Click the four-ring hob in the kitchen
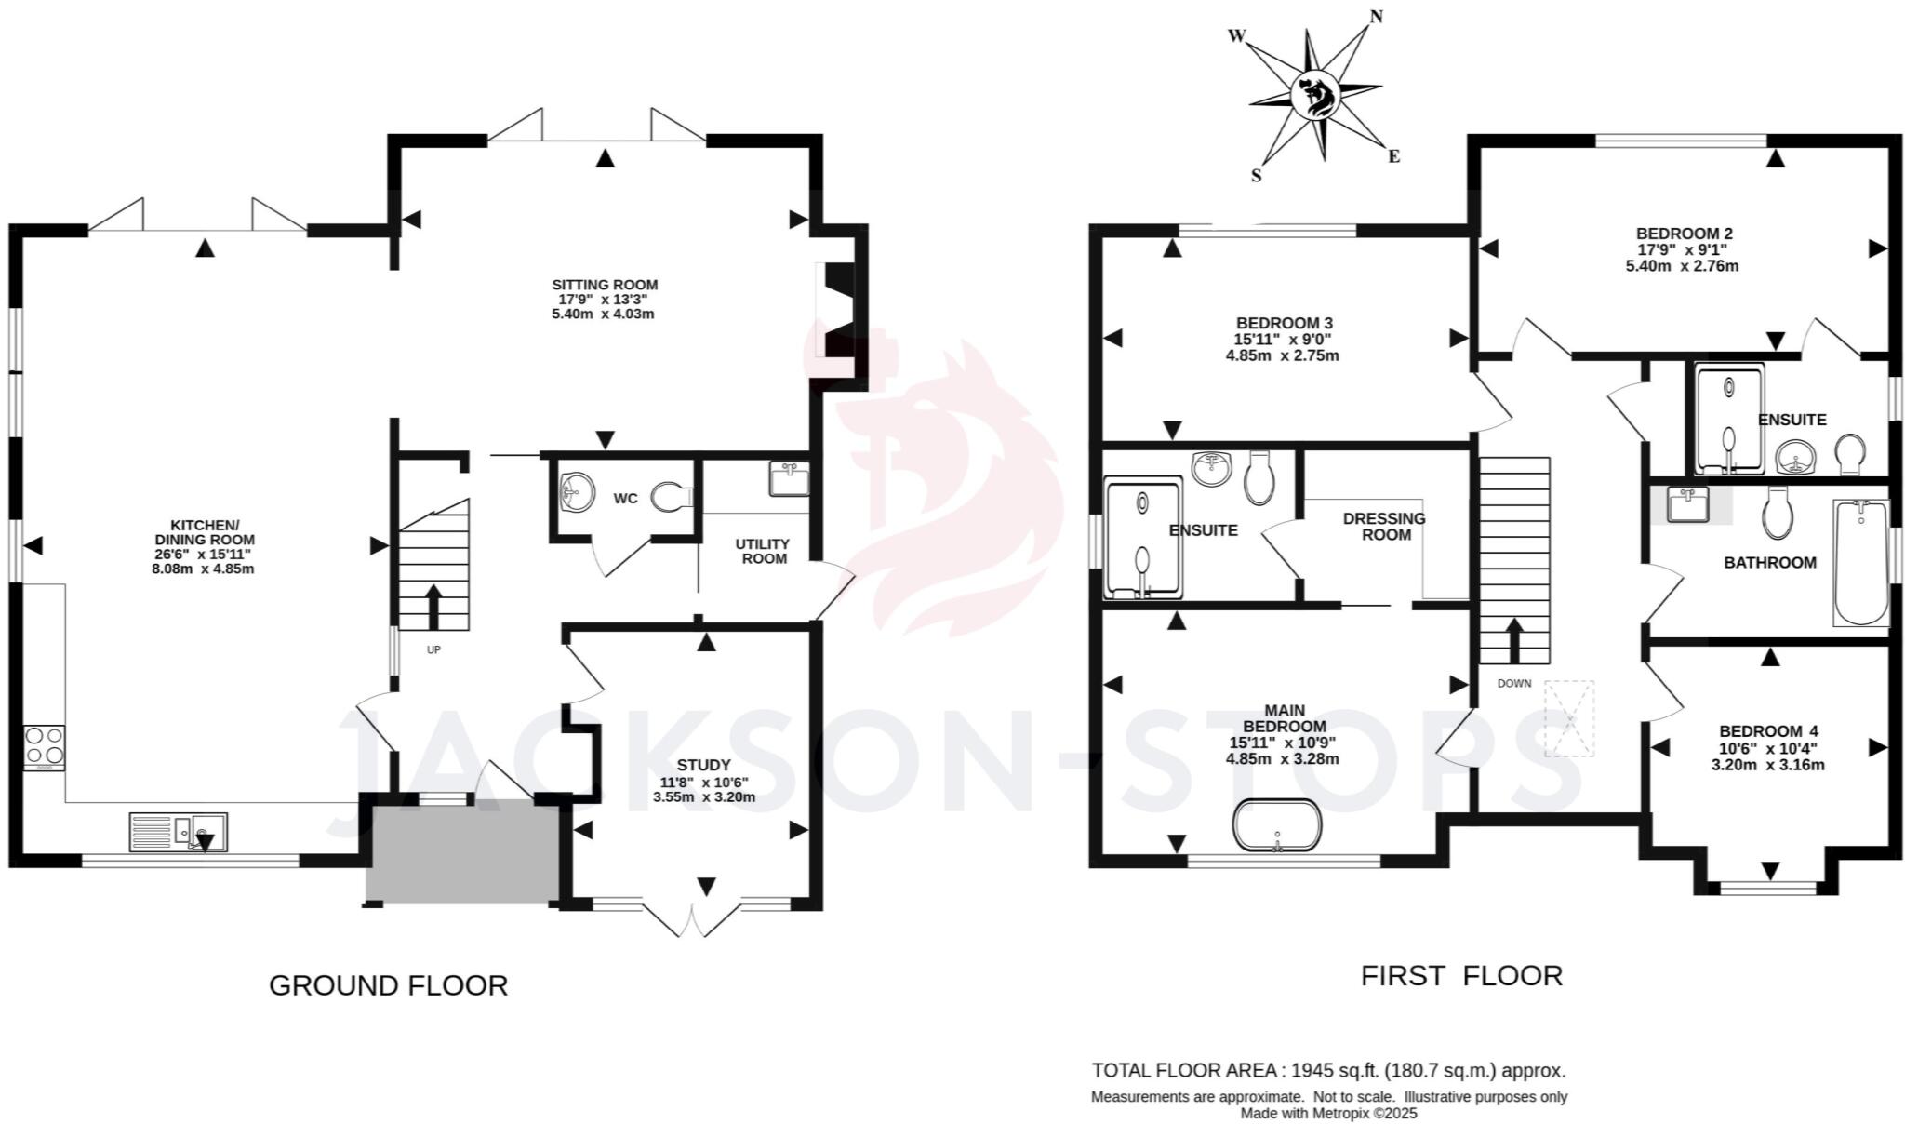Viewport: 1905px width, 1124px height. pyautogui.click(x=44, y=746)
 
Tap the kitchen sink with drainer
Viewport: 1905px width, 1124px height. pyautogui.click(x=178, y=831)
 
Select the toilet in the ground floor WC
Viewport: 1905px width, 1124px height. pyautogui.click(x=673, y=497)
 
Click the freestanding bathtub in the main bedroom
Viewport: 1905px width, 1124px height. pyautogui.click(x=1277, y=825)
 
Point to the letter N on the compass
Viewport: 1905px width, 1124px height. pyautogui.click(x=1377, y=16)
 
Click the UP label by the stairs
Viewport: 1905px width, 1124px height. pyautogui.click(x=433, y=650)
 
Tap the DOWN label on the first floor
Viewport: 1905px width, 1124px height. pyautogui.click(x=1513, y=683)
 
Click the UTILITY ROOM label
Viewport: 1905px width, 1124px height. pyautogui.click(x=764, y=551)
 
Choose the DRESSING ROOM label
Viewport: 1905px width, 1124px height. pyautogui.click(x=1385, y=526)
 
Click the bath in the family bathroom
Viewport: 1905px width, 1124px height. pyautogui.click(x=1860, y=563)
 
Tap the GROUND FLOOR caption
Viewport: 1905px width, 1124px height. pyautogui.click(x=388, y=985)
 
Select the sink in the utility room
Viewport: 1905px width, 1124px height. pyautogui.click(x=789, y=478)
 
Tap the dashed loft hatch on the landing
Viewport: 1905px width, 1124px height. pyautogui.click(x=1569, y=718)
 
